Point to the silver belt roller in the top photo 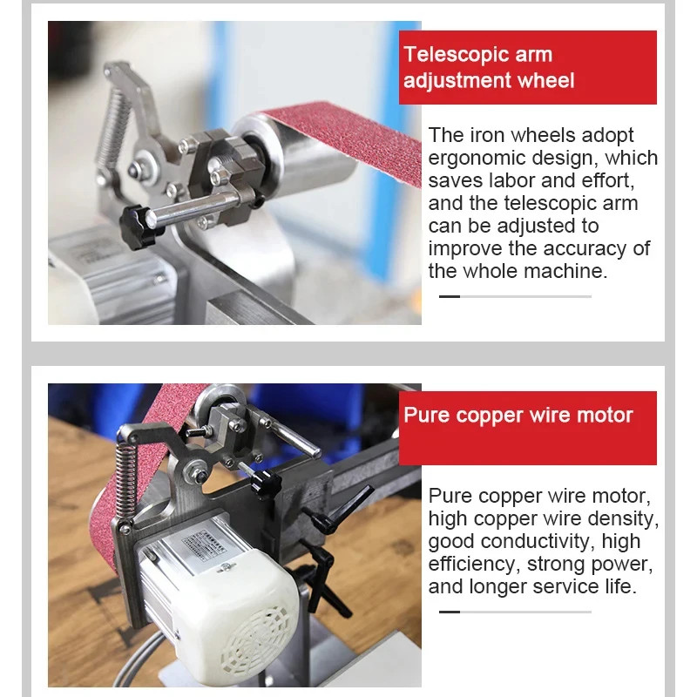pyautogui.click(x=294, y=152)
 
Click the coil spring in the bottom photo pyautogui.click(x=125, y=479)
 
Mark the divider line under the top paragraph pyautogui.click(x=515, y=296)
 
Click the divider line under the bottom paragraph pyautogui.click(x=515, y=612)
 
